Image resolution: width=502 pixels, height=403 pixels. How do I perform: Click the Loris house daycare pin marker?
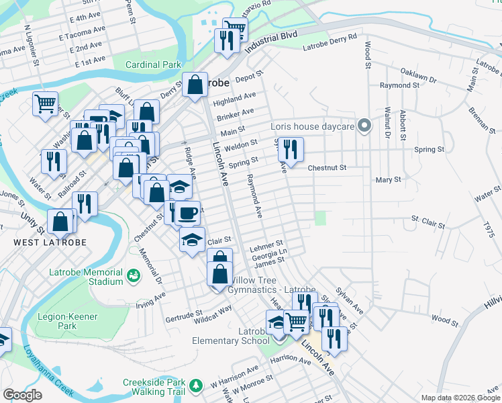click(x=364, y=126)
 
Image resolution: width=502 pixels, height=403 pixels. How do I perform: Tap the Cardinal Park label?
click(x=154, y=65)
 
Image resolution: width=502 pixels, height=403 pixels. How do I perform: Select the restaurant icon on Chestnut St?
click(x=291, y=148)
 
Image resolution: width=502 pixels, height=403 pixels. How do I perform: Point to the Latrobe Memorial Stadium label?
click(x=87, y=277)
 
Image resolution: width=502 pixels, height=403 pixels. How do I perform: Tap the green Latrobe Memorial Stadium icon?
click(x=134, y=275)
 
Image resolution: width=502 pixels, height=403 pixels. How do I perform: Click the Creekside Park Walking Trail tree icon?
click(x=196, y=386)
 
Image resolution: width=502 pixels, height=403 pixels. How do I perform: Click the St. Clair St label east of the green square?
click(x=428, y=219)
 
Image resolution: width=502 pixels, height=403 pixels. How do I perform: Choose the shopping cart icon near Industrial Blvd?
click(x=234, y=29)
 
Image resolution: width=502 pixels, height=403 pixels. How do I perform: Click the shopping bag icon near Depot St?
click(x=195, y=85)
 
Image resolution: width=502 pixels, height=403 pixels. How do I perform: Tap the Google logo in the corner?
click(x=22, y=395)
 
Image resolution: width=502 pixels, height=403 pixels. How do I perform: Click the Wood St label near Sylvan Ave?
click(x=444, y=320)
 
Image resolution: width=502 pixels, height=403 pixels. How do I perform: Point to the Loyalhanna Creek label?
click(x=49, y=370)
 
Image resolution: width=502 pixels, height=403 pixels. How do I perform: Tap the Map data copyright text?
click(x=460, y=398)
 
